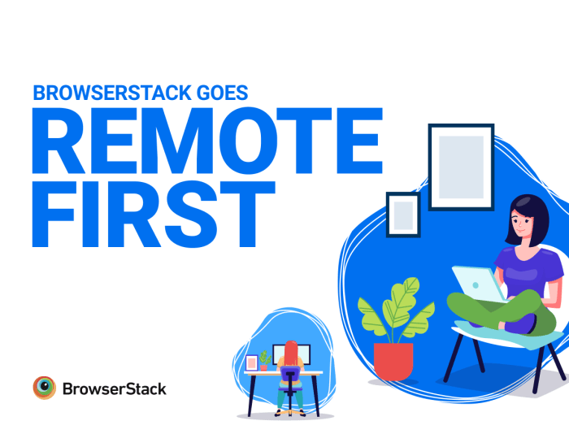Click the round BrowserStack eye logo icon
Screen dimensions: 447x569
click(x=44, y=388)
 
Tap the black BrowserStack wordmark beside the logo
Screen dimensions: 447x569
click(x=114, y=388)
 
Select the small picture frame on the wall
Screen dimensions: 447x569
click(x=402, y=215)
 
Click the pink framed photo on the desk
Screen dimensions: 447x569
click(x=251, y=362)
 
